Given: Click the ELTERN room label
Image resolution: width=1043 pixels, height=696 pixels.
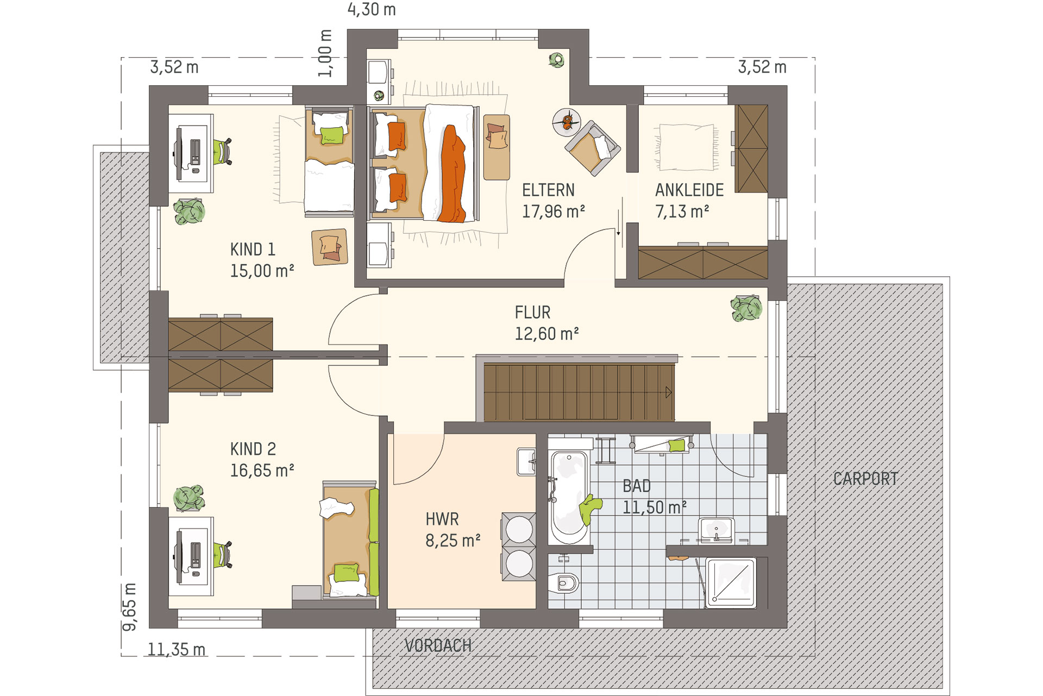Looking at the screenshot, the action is click(x=548, y=190).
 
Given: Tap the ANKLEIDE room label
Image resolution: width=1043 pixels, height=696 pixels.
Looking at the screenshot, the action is click(x=689, y=190).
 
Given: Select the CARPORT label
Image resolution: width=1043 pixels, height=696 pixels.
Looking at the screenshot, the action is click(x=865, y=479).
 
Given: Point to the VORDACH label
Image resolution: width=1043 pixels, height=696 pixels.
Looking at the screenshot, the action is click(x=438, y=646).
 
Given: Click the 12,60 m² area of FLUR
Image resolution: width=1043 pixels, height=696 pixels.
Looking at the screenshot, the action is click(x=546, y=334).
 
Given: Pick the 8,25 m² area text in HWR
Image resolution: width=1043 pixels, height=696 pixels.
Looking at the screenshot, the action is click(x=453, y=540).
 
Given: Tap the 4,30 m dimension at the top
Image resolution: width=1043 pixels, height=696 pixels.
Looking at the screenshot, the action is click(x=372, y=9).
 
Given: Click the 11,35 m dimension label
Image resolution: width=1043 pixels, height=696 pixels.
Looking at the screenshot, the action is click(x=177, y=650).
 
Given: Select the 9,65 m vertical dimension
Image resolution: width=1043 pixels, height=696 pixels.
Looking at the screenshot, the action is click(x=130, y=607).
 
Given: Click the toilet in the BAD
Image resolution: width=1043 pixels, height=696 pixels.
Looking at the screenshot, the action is click(x=563, y=583).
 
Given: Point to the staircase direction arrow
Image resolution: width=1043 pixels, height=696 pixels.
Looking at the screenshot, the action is click(x=669, y=392).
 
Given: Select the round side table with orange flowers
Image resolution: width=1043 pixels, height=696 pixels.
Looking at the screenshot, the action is click(x=567, y=122).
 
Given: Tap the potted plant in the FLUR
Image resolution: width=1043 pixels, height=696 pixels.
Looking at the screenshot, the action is click(x=746, y=308).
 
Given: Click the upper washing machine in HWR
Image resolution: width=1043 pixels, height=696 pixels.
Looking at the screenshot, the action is click(x=519, y=528).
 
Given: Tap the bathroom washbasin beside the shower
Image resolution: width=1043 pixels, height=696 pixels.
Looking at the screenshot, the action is click(x=716, y=530).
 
